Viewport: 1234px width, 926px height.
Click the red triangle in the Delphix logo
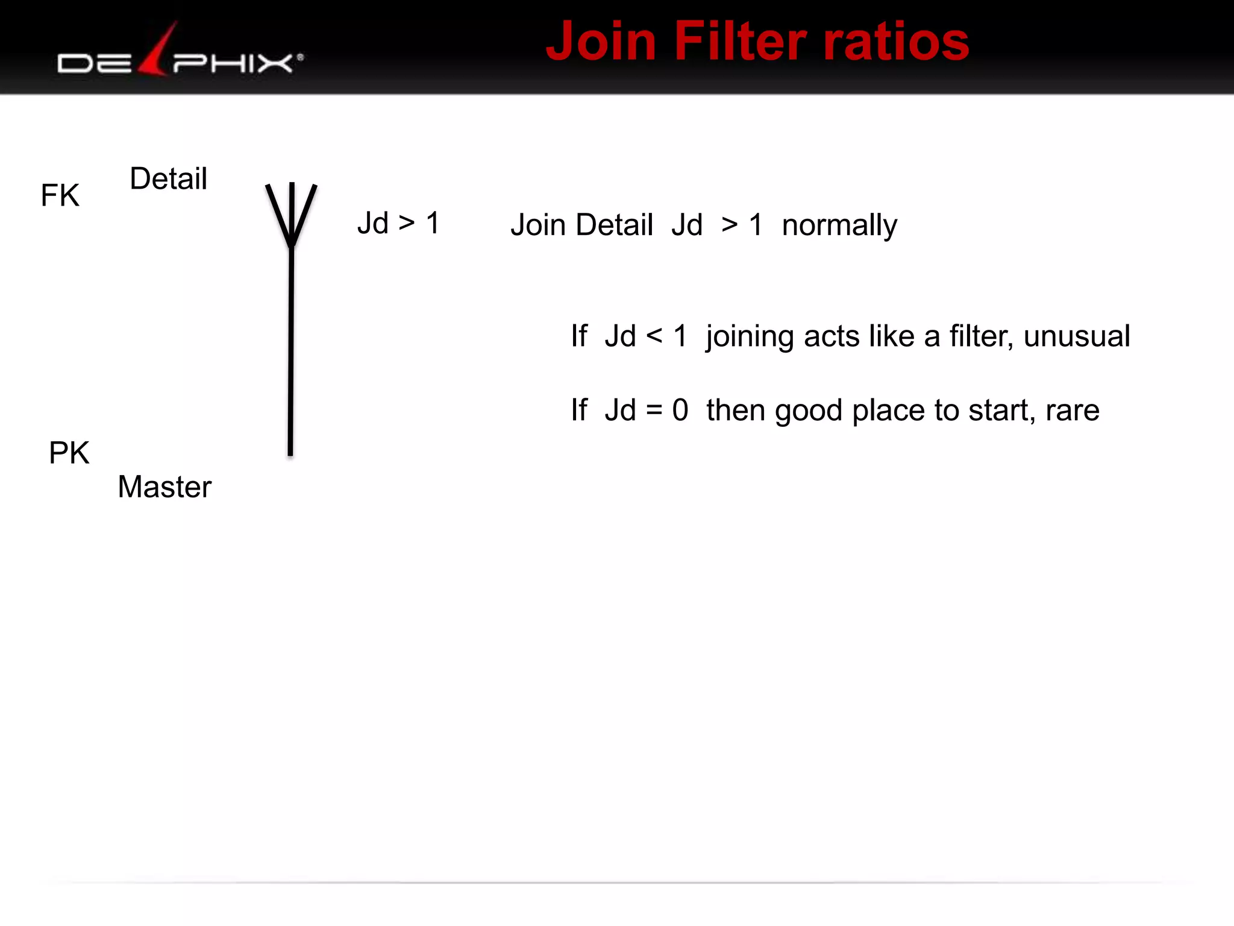158,51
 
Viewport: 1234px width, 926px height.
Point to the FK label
60,195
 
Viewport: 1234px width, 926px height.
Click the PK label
69,453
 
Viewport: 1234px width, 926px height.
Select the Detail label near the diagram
168,178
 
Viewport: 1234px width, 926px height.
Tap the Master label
164,487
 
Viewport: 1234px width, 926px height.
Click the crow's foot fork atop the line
292,214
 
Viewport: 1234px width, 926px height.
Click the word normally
839,225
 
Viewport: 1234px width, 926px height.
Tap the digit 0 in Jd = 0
680,411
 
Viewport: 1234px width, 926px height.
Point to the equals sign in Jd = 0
654,411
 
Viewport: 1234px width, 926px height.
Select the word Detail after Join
615,225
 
